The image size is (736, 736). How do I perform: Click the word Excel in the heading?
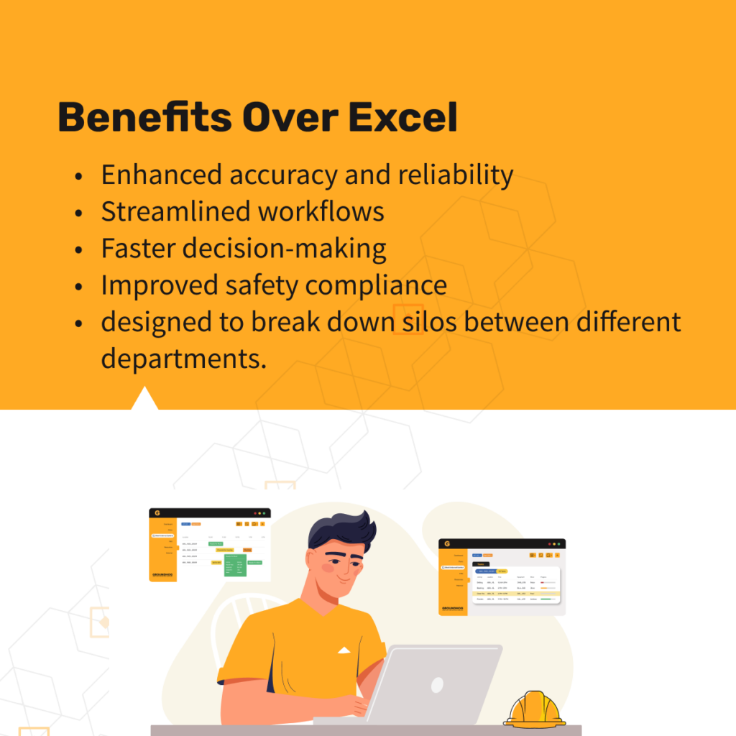click(403, 118)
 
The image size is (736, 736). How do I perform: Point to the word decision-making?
click(284, 249)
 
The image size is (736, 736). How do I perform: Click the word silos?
click(427, 322)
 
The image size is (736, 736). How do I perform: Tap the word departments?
click(183, 358)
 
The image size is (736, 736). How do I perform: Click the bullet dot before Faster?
click(78, 249)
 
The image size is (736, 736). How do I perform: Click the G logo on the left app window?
click(157, 513)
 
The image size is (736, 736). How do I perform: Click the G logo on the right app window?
click(446, 544)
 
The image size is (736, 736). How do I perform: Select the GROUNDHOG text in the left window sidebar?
click(162, 575)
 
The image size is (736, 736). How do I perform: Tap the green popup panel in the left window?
click(235, 565)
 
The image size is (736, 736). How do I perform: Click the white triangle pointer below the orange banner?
click(144, 399)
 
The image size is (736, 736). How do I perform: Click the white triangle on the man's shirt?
click(344, 650)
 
